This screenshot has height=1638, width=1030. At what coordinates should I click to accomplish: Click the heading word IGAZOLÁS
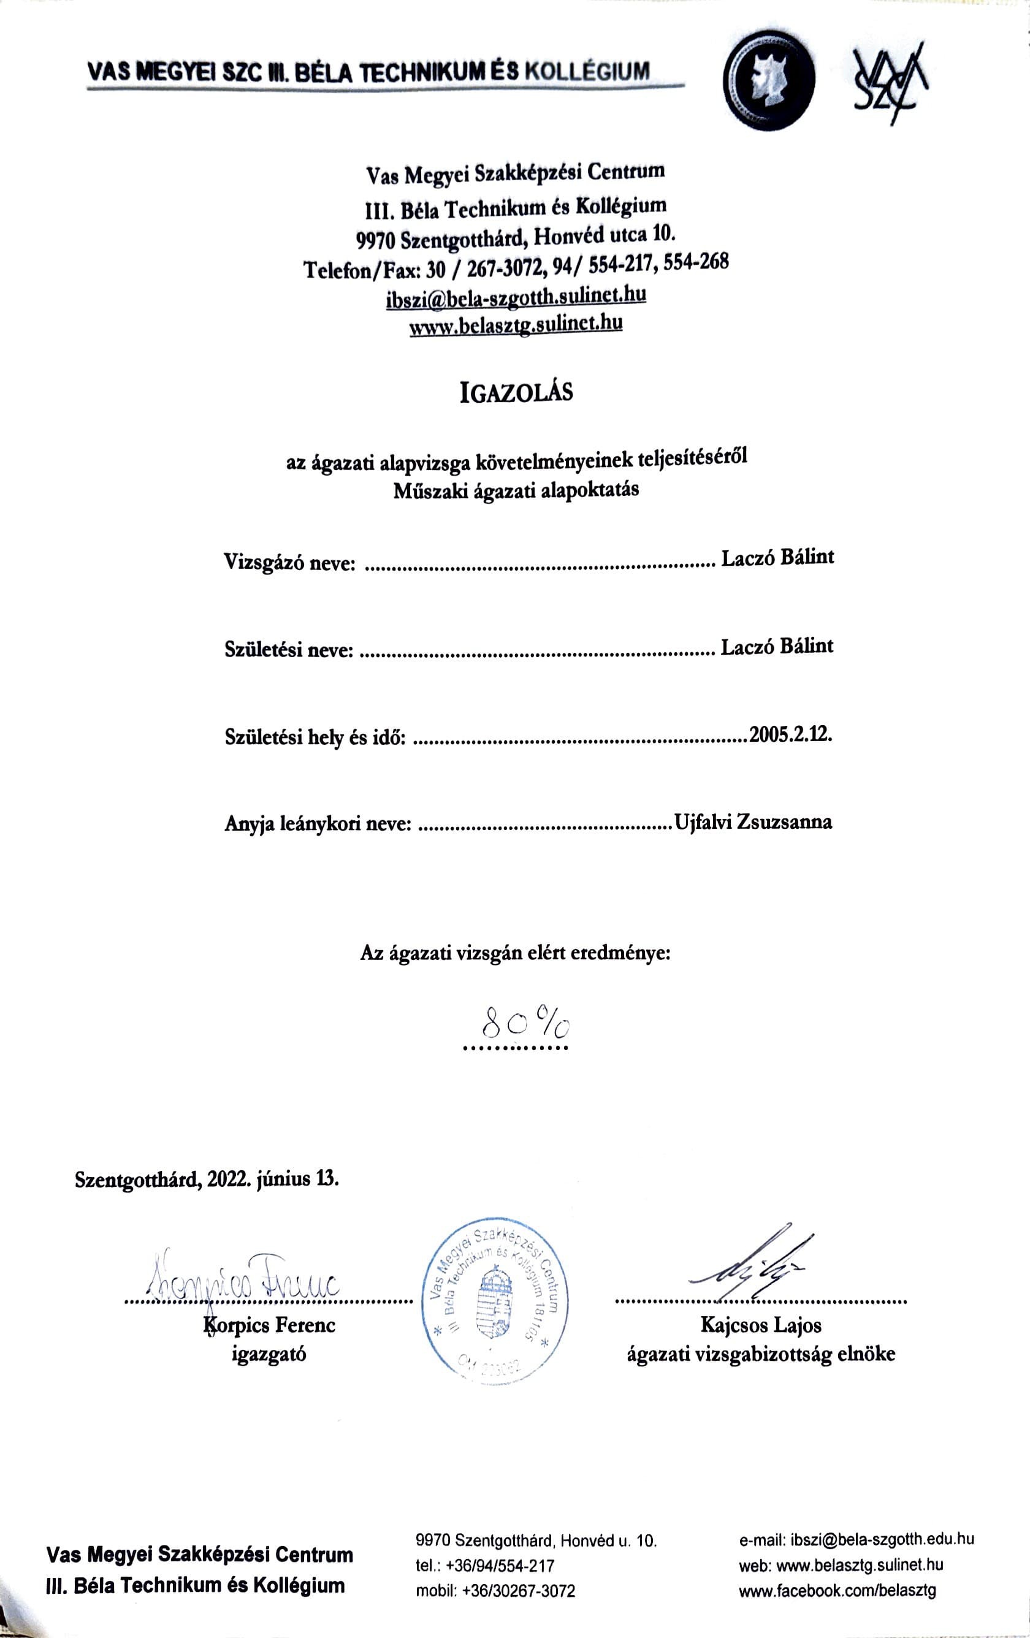coord(516,393)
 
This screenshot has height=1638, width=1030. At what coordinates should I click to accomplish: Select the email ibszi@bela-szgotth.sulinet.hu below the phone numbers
coord(516,296)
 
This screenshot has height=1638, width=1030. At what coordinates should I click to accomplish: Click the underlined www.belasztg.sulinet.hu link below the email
coord(516,324)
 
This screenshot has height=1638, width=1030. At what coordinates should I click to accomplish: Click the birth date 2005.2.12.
coord(790,734)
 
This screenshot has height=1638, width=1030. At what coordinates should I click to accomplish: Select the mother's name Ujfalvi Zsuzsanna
coord(752,821)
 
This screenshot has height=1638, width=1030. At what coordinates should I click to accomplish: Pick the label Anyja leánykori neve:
coord(318,824)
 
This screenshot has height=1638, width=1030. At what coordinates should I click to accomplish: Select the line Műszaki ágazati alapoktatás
coord(516,490)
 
